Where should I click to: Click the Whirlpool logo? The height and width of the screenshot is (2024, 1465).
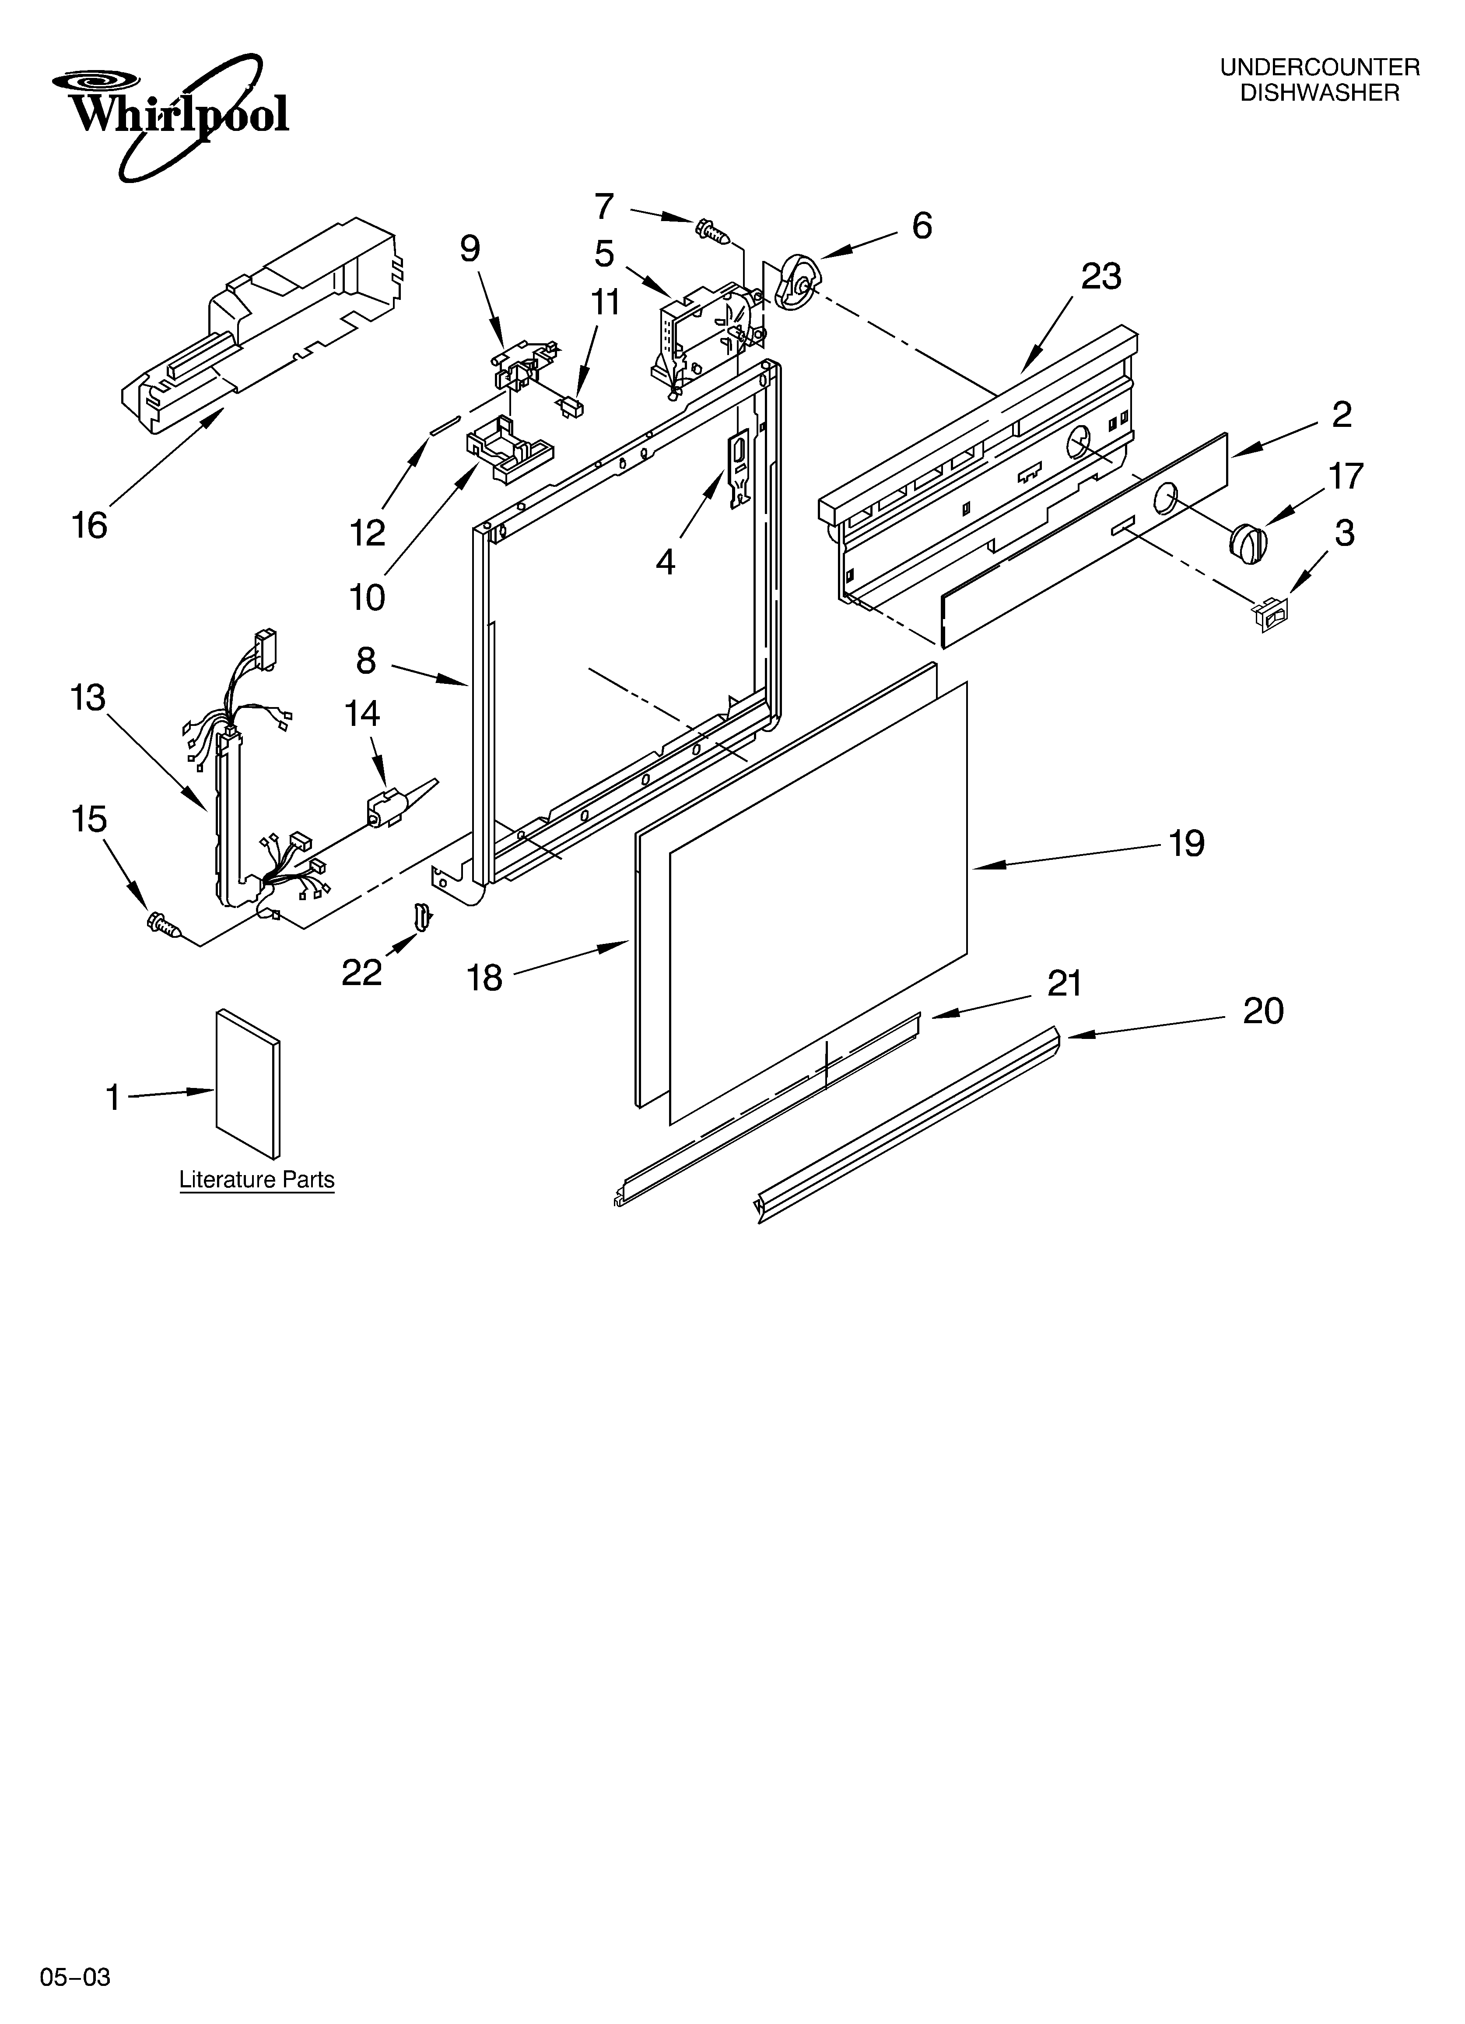pos(169,114)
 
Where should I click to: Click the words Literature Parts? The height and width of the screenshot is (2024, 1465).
pos(257,1180)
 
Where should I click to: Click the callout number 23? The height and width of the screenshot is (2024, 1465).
pos(1101,278)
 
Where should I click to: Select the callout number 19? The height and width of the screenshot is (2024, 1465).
pos(1187,843)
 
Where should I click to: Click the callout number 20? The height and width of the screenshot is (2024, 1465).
pos(1262,1011)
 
